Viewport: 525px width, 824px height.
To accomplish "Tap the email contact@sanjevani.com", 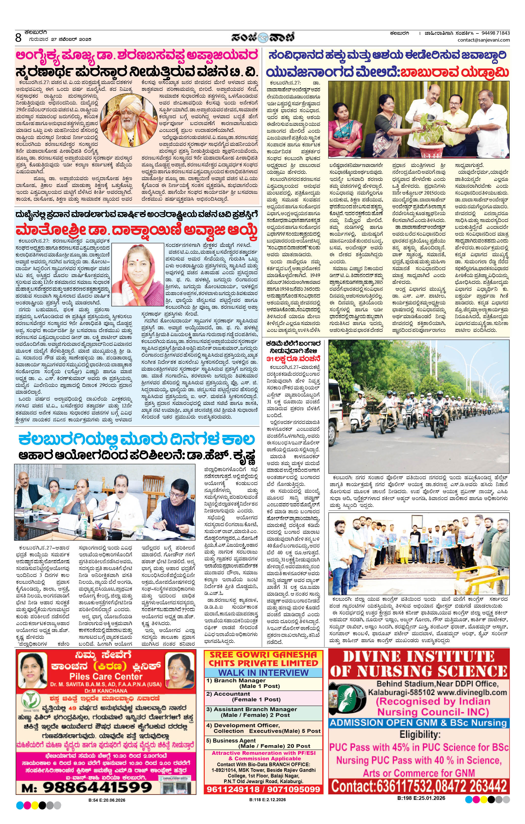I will [484, 40].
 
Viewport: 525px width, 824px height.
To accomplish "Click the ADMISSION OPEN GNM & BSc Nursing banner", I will [418, 723].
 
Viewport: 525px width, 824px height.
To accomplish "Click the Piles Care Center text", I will [106, 677].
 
